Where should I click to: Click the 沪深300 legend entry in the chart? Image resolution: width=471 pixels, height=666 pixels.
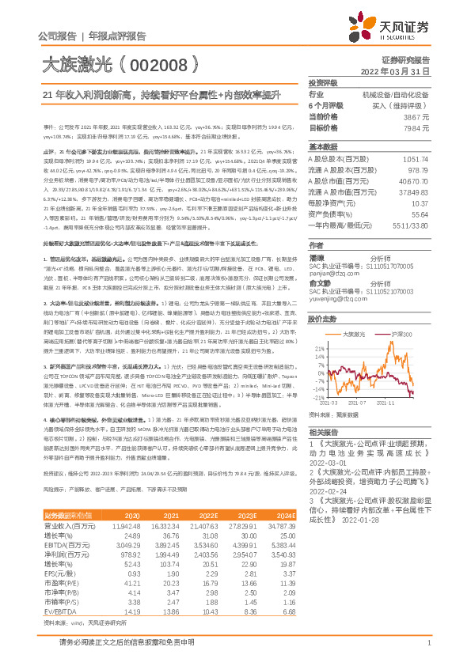click(x=405, y=335)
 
